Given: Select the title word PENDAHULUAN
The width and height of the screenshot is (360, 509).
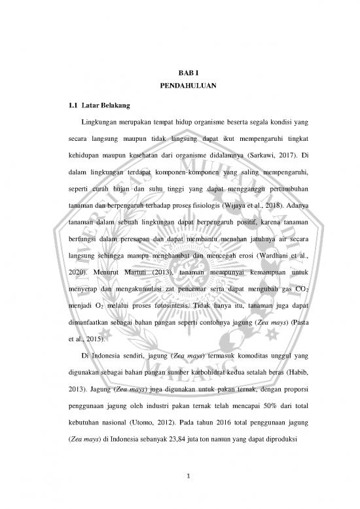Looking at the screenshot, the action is pos(179,85).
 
